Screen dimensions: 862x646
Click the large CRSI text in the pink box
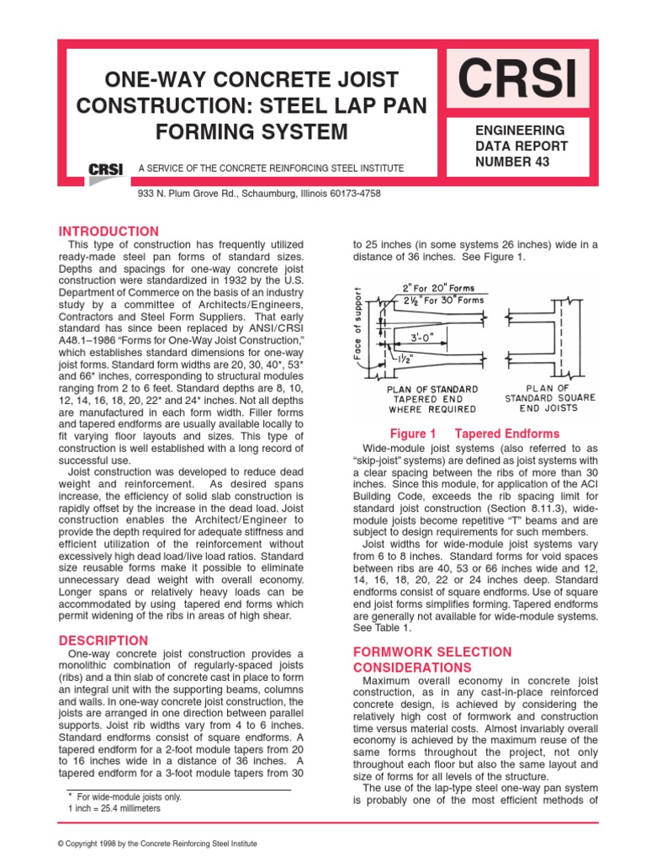click(x=517, y=80)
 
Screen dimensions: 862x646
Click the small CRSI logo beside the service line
click(x=106, y=169)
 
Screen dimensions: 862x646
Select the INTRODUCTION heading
click(x=108, y=231)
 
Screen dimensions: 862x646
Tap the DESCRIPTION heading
click(x=103, y=641)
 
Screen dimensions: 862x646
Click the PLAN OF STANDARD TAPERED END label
click(x=432, y=399)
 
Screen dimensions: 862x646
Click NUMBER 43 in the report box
click(x=500, y=162)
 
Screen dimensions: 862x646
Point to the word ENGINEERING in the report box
click(x=509, y=130)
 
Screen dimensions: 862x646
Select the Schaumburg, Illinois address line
click(x=260, y=193)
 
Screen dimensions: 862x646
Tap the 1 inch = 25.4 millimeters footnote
click(x=114, y=808)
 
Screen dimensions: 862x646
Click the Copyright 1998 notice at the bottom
click(x=156, y=843)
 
